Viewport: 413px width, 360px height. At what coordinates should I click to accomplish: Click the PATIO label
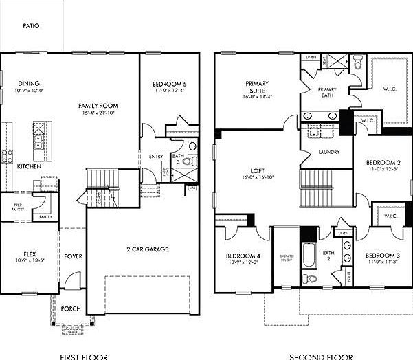pos(31,25)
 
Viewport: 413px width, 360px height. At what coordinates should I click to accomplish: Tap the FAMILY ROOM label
pos(98,106)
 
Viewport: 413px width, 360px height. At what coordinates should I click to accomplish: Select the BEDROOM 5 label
pos(168,85)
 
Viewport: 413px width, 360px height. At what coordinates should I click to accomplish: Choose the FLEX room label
pos(29,254)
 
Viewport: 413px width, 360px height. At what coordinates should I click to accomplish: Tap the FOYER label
pos(74,256)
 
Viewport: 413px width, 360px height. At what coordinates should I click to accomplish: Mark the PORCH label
pos(71,308)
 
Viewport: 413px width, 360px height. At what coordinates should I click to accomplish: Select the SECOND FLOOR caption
pos(321,356)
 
